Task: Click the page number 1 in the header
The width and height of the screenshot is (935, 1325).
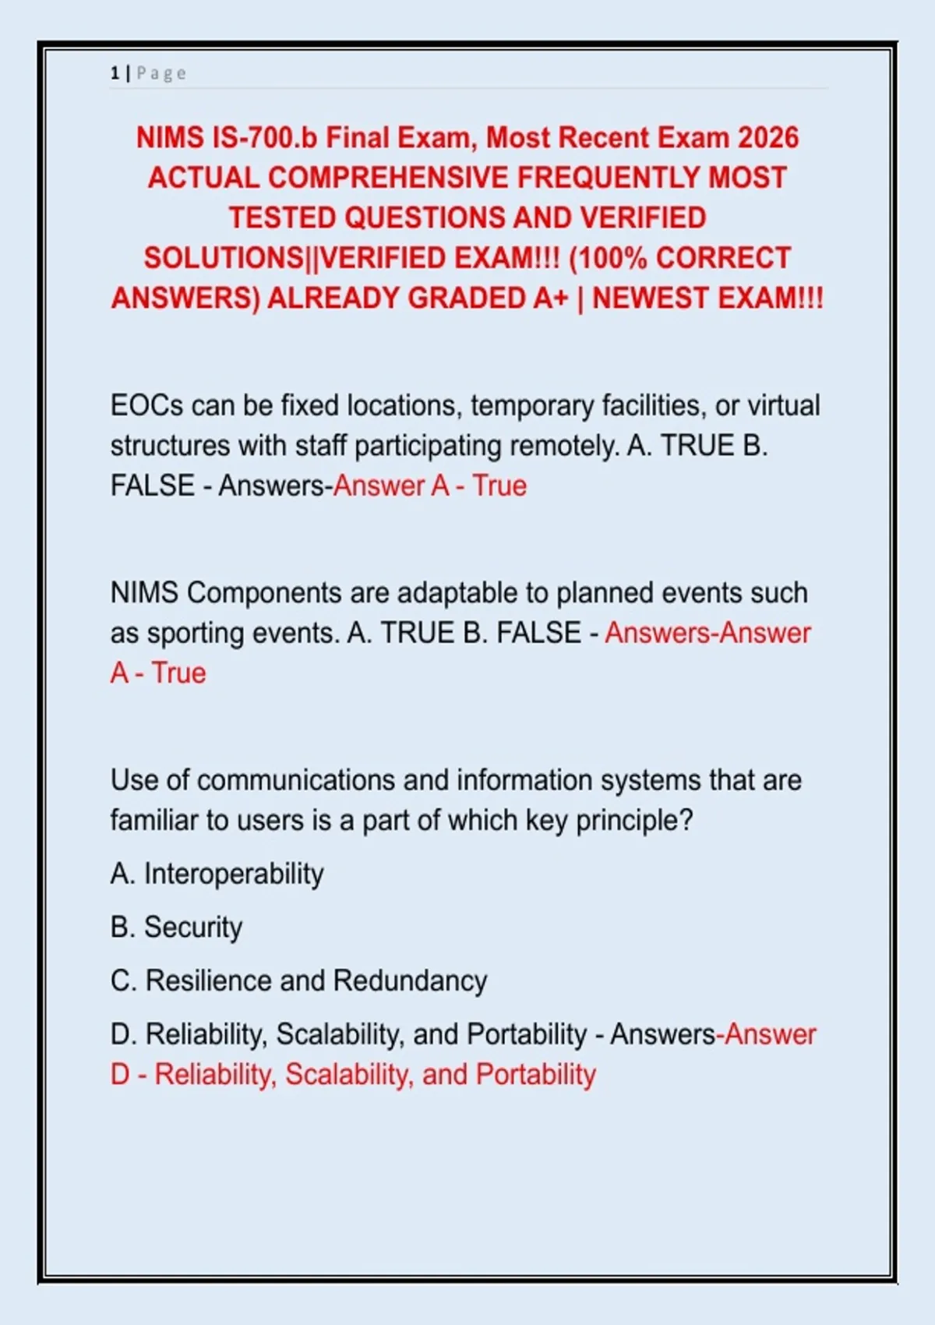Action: [x=115, y=73]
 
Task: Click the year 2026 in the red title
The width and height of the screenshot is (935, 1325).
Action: [x=768, y=138]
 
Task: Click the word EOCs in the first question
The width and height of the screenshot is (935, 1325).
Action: [x=146, y=406]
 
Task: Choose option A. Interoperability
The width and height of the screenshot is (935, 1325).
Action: [x=217, y=874]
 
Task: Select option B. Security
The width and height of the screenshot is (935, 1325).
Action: [x=177, y=927]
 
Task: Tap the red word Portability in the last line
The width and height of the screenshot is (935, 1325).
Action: [x=535, y=1075]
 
